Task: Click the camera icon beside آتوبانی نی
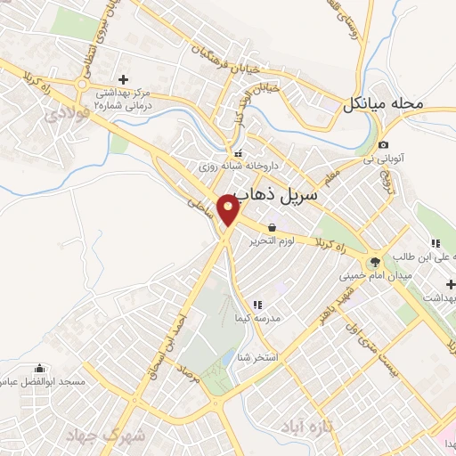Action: pyautogui.click(x=383, y=145)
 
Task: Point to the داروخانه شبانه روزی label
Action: pyautogui.click(x=270, y=166)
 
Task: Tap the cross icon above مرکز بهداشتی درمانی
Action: pyautogui.click(x=124, y=78)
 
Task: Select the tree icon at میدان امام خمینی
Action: pyautogui.click(x=374, y=262)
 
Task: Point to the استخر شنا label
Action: pyautogui.click(x=254, y=357)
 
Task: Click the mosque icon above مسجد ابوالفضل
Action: pyautogui.click(x=38, y=369)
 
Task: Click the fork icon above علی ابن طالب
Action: pyautogui.click(x=436, y=243)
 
